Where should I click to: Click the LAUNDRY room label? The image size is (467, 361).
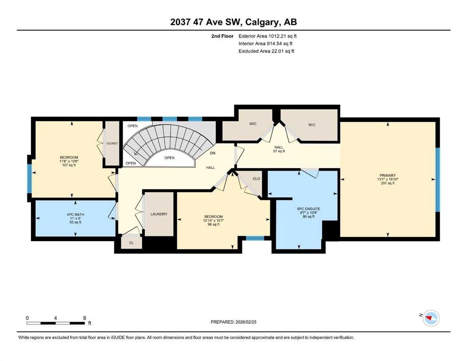(x=159, y=214)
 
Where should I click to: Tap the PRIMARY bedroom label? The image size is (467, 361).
(x=388, y=176)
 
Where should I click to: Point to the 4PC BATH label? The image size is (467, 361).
(x=75, y=214)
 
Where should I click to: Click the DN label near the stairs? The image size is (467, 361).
(x=213, y=153)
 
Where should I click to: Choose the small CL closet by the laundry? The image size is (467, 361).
(x=132, y=243)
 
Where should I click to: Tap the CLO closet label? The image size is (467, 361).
(x=256, y=179)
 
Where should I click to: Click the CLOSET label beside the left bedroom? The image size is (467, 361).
(x=112, y=143)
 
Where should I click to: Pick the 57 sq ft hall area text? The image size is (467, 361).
(x=279, y=151)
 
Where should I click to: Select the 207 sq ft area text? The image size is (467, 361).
(x=388, y=183)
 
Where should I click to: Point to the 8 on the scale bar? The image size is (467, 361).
(x=85, y=318)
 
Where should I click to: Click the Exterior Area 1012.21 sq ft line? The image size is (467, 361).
(x=268, y=36)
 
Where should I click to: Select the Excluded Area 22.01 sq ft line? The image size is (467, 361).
(x=266, y=51)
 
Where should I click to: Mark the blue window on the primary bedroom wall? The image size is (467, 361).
(x=437, y=180)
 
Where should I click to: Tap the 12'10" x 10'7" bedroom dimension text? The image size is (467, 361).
(x=214, y=220)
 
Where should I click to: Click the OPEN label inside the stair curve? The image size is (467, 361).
(x=169, y=158)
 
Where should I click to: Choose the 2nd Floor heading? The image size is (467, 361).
(x=222, y=36)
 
